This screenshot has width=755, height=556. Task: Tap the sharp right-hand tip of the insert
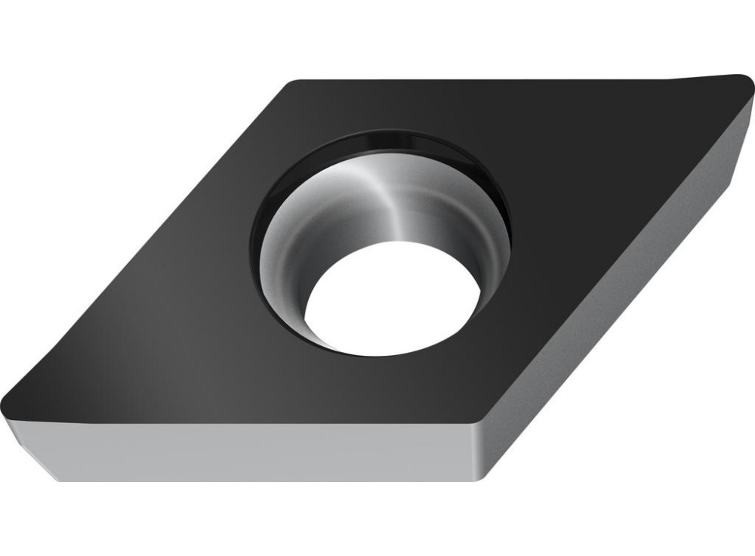[x=747, y=78]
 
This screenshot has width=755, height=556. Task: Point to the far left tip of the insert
[x=5, y=400]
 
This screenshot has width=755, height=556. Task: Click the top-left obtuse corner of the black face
[x=294, y=83]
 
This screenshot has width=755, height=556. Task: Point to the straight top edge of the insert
[x=491, y=79]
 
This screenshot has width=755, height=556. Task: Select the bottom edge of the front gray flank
[x=264, y=480]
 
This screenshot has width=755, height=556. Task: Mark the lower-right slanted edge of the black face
[x=612, y=257]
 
